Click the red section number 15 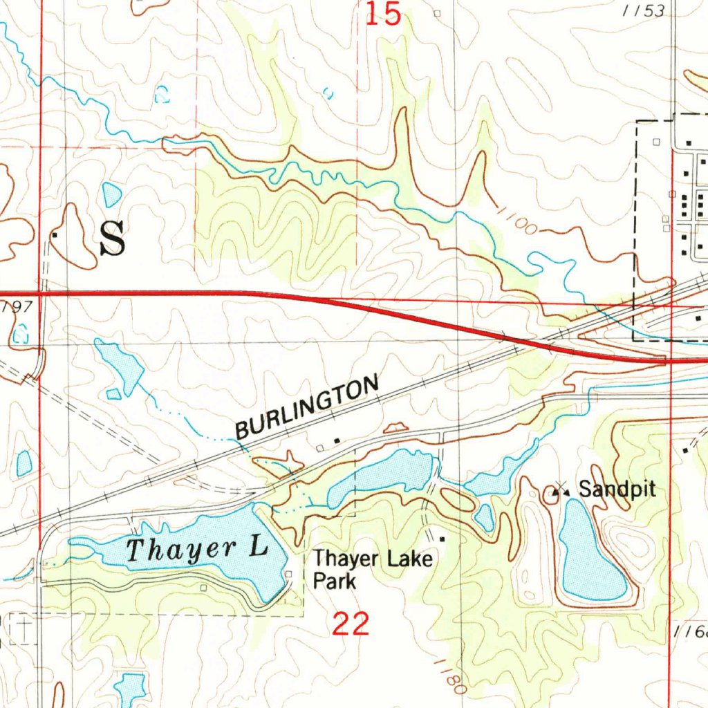pyautogui.click(x=384, y=15)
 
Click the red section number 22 pyautogui.click(x=351, y=625)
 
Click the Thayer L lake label pyautogui.click(x=197, y=550)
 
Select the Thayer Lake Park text pyautogui.click(x=373, y=569)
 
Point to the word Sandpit pyautogui.click(x=617, y=490)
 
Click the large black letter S pyautogui.click(x=113, y=239)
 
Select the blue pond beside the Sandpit pyautogui.click(x=589, y=553)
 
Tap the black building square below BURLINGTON pyautogui.click(x=337, y=440)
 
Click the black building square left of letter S pyautogui.click(x=54, y=235)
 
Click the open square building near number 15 pyautogui.click(x=436, y=13)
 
